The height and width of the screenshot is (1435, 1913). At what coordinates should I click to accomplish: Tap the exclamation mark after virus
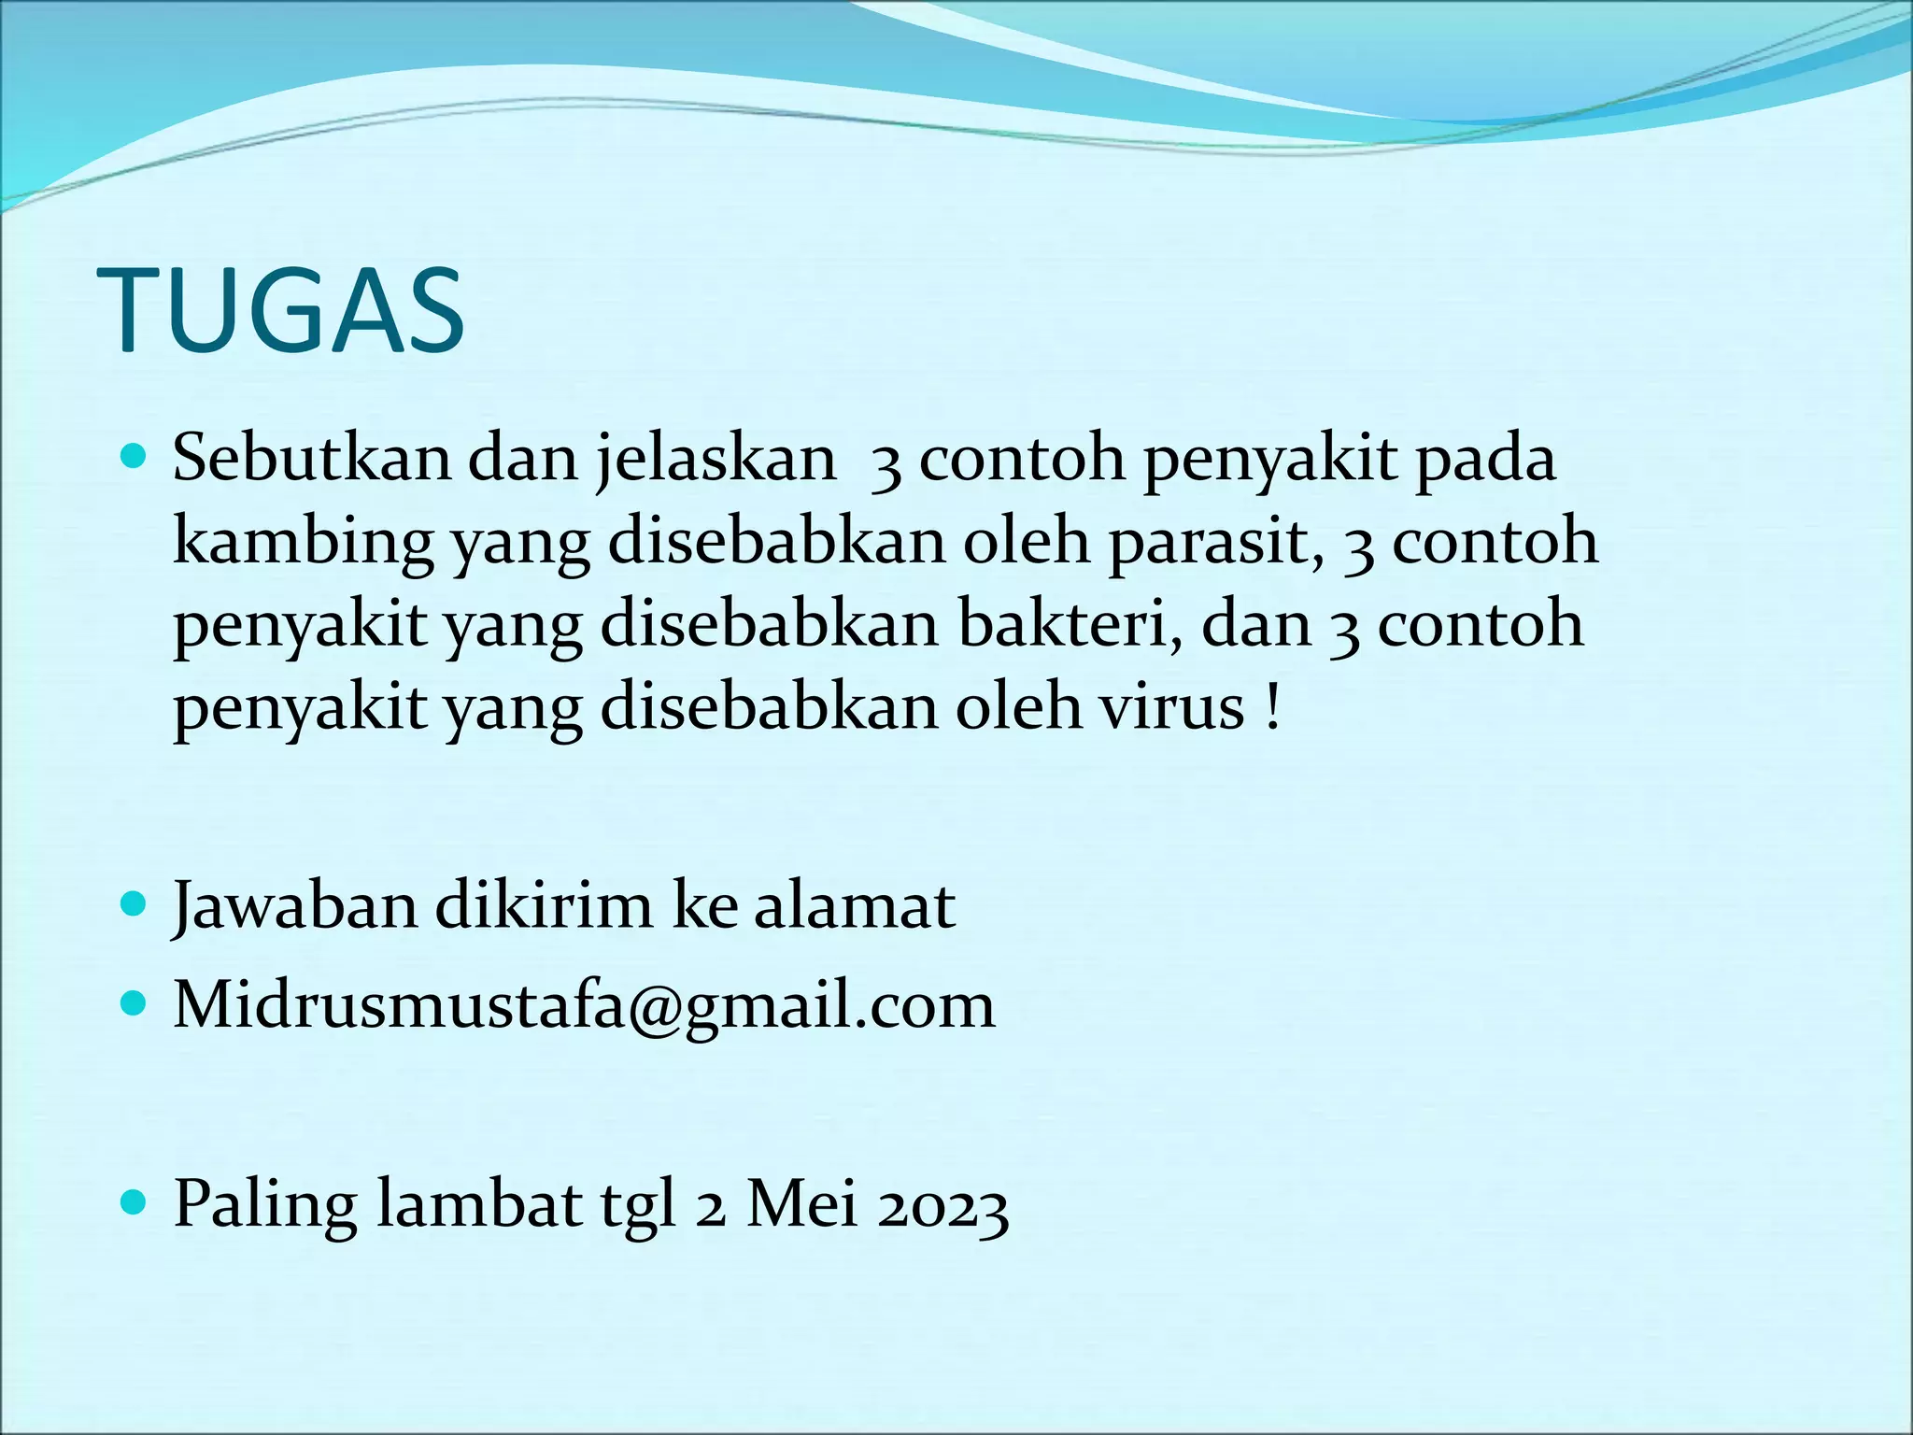[1271, 706]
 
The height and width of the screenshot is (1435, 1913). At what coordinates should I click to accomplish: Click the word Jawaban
[294, 906]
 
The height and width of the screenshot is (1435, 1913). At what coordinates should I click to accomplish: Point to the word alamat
[854, 906]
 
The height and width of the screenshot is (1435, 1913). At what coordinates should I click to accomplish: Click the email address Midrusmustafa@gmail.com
[584, 1006]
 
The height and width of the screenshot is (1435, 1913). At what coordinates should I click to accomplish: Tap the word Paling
[265, 1205]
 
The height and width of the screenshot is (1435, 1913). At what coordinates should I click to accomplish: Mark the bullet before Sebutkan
[135, 459]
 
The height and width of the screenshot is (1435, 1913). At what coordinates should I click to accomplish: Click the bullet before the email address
[135, 1005]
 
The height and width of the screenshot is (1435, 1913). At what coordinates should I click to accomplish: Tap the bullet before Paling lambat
[135, 1203]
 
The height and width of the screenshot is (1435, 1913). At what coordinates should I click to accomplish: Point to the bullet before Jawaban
[135, 905]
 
